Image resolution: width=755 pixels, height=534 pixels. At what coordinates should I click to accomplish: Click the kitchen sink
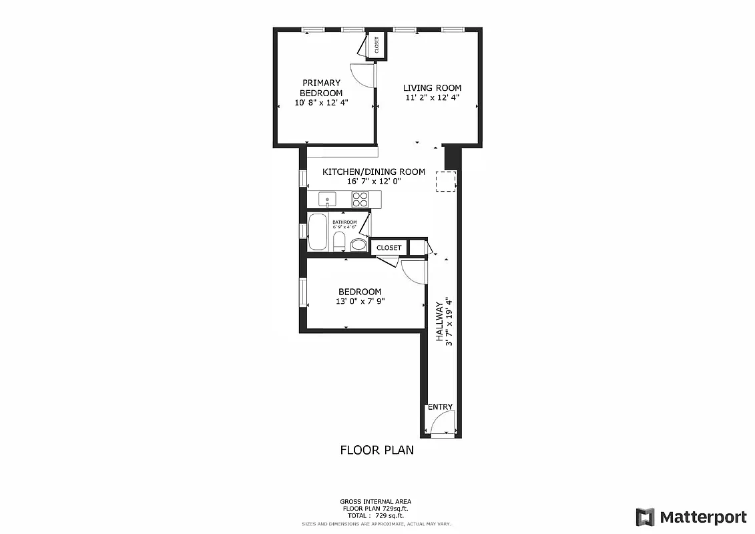click(x=328, y=199)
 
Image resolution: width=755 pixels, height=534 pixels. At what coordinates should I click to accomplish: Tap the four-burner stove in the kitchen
click(x=360, y=199)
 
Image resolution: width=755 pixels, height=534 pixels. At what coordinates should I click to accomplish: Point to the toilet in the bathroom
click(x=338, y=241)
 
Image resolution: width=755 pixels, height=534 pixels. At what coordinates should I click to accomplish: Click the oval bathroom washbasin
click(x=358, y=244)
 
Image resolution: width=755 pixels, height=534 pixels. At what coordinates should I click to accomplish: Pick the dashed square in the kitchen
click(x=446, y=181)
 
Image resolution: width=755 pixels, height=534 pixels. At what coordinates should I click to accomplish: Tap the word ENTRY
click(x=440, y=407)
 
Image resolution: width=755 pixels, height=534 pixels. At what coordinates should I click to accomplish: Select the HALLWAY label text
click(x=440, y=321)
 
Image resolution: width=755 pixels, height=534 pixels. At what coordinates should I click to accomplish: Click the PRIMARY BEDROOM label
click(x=321, y=88)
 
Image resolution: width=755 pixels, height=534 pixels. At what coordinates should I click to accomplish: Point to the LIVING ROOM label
click(x=432, y=88)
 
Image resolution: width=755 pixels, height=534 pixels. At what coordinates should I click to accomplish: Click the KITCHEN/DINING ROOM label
click(x=373, y=172)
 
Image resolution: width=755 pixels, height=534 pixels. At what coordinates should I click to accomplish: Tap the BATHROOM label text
click(x=345, y=222)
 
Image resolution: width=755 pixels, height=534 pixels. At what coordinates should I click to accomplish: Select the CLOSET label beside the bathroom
click(x=389, y=248)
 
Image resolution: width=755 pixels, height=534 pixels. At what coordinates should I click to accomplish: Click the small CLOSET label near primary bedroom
click(x=377, y=45)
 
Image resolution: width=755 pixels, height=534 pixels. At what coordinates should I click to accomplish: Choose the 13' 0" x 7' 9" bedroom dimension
click(x=360, y=301)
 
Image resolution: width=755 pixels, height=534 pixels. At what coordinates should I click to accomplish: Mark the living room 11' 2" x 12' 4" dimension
click(x=432, y=98)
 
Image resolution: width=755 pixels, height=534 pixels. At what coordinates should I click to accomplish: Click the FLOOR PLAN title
click(x=376, y=450)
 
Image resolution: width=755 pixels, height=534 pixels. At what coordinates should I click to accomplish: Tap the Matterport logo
click(x=691, y=517)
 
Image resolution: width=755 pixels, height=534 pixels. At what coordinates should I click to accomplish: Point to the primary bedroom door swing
click(x=364, y=75)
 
